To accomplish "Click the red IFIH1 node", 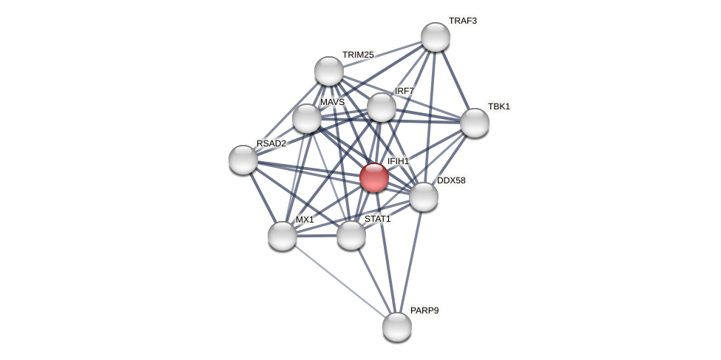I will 374,177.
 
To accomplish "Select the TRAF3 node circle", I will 436,37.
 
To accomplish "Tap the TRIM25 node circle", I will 329,71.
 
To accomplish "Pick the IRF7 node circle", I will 382,107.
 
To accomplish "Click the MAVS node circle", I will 307,118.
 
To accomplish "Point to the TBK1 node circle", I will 475,123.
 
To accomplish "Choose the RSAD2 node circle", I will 243,160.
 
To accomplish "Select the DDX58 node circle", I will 424,197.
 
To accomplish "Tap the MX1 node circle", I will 282,236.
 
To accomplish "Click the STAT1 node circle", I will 351,235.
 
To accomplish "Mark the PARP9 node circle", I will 397,327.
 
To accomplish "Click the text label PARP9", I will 424,310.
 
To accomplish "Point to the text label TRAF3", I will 463,21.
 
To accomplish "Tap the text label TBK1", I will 499,106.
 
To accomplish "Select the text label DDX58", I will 451,180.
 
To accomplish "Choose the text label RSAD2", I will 271,143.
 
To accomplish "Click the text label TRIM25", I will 358,55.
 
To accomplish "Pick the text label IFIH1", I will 398,161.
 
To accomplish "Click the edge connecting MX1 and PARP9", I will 340,282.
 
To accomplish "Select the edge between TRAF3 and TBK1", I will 456,80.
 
